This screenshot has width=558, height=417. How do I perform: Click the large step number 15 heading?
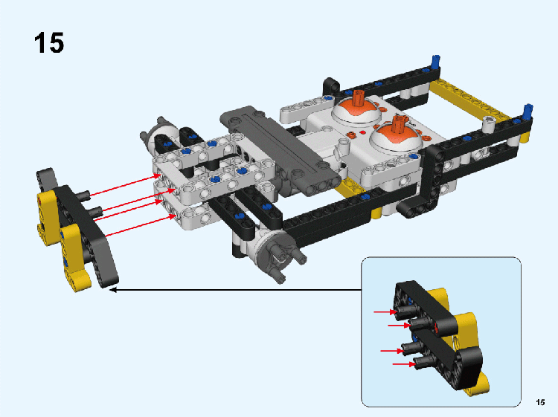tap(49, 42)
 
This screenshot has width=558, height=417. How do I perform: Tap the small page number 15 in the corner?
tap(540, 402)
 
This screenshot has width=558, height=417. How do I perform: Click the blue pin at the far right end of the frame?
tap(527, 111)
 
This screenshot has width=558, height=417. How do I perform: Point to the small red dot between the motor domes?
tap(362, 132)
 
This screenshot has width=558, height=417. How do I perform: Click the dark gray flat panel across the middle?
tap(282, 150)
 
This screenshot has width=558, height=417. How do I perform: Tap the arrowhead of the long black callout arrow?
tap(112, 290)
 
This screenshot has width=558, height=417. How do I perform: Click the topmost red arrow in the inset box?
tap(385, 312)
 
